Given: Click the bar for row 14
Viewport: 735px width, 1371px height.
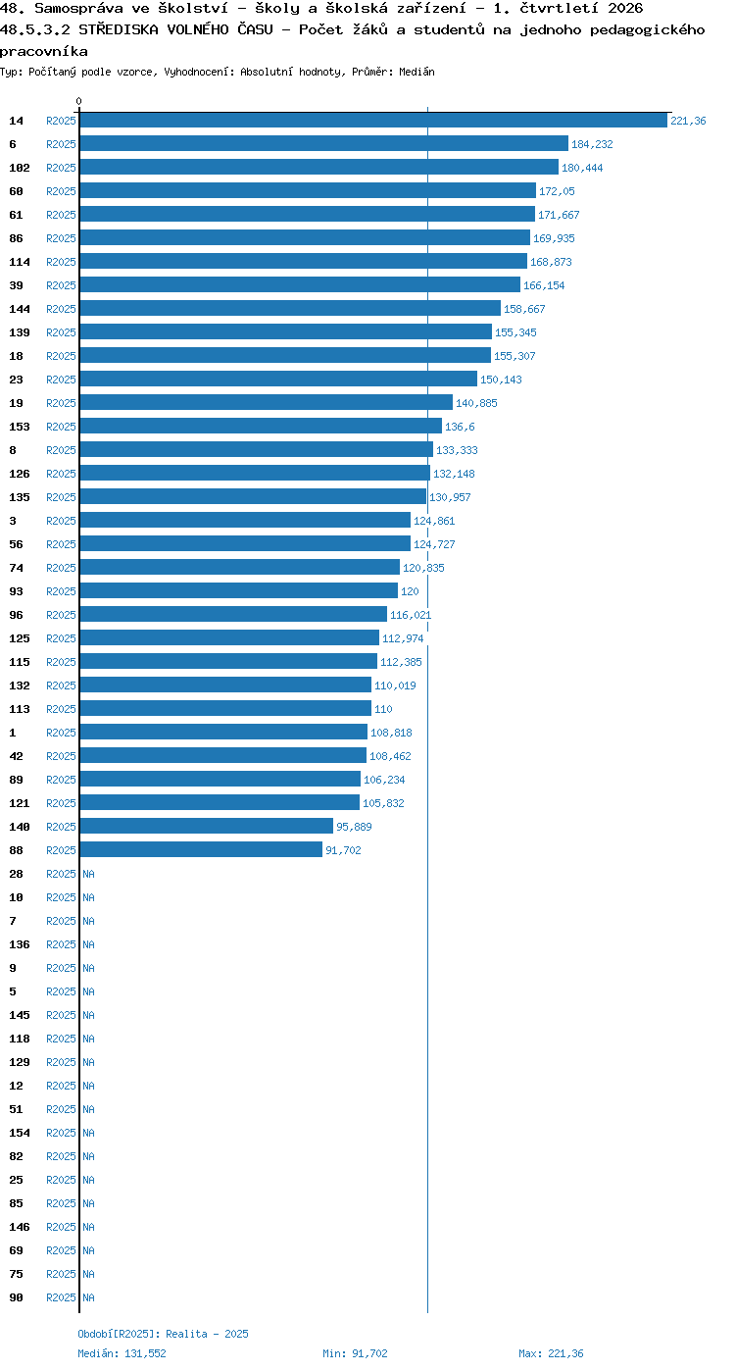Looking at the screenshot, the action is point(373,121).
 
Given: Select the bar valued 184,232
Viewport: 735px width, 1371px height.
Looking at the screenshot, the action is point(324,144).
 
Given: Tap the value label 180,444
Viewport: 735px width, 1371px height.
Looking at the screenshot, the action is point(582,168).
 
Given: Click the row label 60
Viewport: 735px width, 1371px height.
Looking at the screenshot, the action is point(16,191).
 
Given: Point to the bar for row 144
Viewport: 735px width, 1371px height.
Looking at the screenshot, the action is point(290,309).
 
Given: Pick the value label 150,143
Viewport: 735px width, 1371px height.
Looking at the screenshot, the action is point(501,380).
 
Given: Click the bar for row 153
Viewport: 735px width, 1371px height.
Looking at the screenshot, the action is point(261,426).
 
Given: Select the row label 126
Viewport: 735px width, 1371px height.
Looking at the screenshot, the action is point(20,474).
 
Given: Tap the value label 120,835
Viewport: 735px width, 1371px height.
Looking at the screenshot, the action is point(423,568).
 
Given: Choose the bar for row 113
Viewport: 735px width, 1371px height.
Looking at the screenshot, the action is point(225,709).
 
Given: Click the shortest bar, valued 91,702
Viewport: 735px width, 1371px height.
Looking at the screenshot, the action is point(201,849).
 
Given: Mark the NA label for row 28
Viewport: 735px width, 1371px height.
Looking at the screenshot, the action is point(88,874).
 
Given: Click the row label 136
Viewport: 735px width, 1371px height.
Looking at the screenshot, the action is point(20,944).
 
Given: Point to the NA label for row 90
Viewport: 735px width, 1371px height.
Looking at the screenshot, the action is point(88,1297).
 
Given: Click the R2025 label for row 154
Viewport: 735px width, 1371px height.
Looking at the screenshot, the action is point(61,1133).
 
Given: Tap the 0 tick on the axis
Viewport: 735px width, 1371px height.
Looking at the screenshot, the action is point(78,101).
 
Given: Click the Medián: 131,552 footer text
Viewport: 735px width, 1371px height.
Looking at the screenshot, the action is point(122,1353).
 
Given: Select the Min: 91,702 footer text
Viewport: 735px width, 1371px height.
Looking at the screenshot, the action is point(356,1353).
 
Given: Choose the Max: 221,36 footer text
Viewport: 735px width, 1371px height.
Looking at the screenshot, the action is point(551,1353).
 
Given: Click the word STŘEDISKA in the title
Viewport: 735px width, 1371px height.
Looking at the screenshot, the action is point(118,29).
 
